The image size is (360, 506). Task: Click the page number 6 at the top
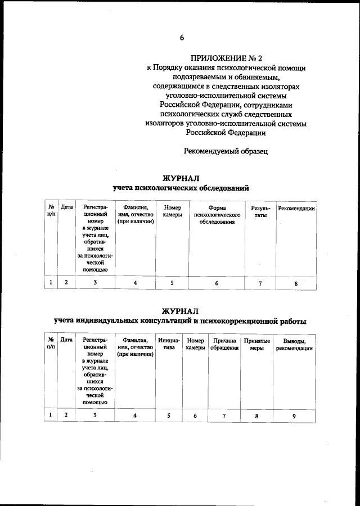[x=182, y=38]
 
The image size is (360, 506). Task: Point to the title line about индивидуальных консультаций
[x=180, y=322]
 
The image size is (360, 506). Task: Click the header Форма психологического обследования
[x=217, y=215]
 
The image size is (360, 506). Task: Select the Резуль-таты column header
[x=260, y=211]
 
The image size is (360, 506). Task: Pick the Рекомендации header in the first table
[x=296, y=208]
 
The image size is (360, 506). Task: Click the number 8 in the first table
[x=296, y=283]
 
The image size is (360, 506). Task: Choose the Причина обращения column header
[x=224, y=344]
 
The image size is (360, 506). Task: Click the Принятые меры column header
[x=256, y=344]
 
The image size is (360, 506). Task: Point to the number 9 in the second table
[x=294, y=416]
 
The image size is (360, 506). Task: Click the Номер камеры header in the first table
[x=172, y=211]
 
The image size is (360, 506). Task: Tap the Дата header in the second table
[x=66, y=340]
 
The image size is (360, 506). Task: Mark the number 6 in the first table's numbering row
[x=217, y=283]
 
